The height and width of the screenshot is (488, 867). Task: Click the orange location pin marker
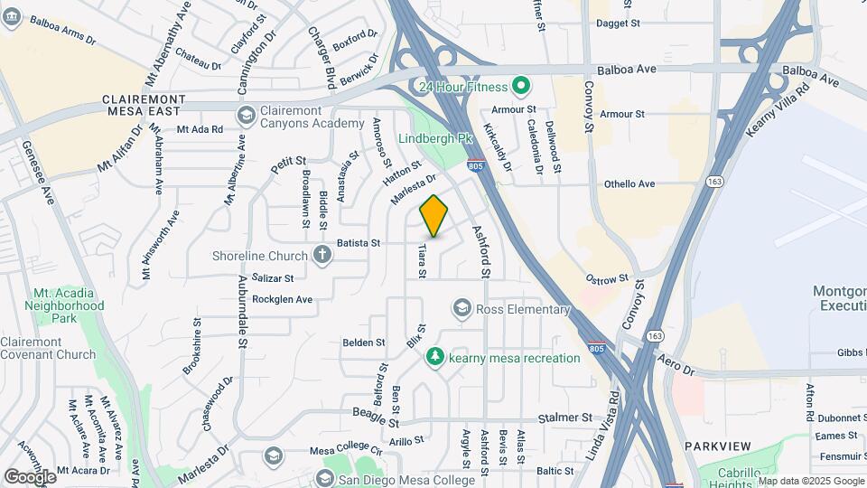(x=433, y=216)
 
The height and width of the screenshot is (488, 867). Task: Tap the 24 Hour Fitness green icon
(x=520, y=88)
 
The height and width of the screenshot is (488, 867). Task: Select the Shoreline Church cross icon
(x=322, y=255)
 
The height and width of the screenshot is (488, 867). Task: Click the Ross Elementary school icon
(x=462, y=309)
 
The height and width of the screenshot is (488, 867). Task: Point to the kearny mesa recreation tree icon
(x=435, y=358)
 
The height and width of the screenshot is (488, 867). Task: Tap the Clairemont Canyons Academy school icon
(x=246, y=116)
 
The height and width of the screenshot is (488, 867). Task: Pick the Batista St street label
(x=359, y=243)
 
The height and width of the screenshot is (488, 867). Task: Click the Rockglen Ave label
(x=282, y=299)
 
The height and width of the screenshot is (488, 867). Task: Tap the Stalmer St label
(x=564, y=418)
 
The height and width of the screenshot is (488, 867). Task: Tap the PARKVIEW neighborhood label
(x=717, y=447)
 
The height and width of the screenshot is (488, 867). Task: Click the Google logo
(x=29, y=476)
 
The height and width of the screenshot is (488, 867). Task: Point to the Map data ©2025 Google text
(x=810, y=481)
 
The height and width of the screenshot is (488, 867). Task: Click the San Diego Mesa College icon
(x=327, y=478)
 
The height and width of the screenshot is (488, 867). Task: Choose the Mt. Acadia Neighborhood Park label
(x=69, y=305)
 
